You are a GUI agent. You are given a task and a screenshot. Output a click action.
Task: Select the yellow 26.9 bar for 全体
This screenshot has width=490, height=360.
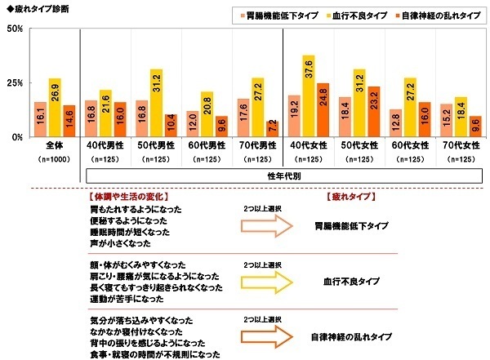pos(55,108)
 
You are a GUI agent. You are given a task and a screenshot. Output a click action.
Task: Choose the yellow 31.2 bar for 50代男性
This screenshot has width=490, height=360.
pos(156,103)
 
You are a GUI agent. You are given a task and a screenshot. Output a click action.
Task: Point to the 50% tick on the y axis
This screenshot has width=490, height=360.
pos(15,29)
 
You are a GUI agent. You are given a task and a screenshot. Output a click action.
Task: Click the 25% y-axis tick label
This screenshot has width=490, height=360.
pos(15,82)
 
